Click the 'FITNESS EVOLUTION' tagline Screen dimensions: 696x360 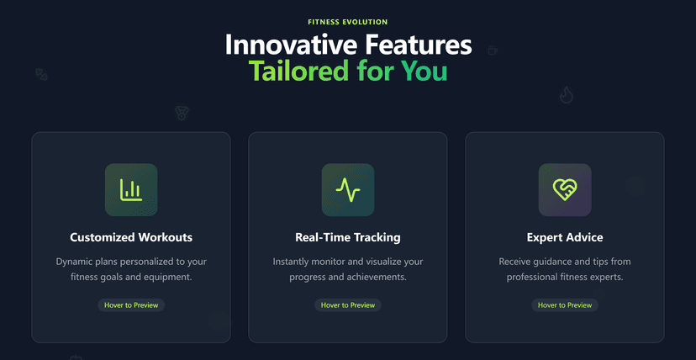tap(347, 22)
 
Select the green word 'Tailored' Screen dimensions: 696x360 tap(298, 71)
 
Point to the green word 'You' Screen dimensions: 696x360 tap(423, 71)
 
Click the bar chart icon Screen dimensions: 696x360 tap(131, 189)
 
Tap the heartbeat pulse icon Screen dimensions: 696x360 tap(348, 189)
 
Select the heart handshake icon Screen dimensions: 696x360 tap(565, 189)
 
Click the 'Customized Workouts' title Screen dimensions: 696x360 tap(131, 237)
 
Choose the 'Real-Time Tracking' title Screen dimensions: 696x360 tap(347, 237)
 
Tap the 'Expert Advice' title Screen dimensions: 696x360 tap(565, 237)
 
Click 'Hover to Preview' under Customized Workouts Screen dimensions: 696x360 tap(131, 305)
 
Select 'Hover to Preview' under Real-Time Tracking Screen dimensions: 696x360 tap(347, 305)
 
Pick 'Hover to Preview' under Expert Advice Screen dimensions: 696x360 tap(565, 305)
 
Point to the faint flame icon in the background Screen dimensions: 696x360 tap(567, 95)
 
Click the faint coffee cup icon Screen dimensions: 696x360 tap(493, 50)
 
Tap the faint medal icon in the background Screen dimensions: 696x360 tap(181, 113)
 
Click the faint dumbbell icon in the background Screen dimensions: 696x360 tap(41, 74)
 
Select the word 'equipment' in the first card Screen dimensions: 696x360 tap(172, 278)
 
